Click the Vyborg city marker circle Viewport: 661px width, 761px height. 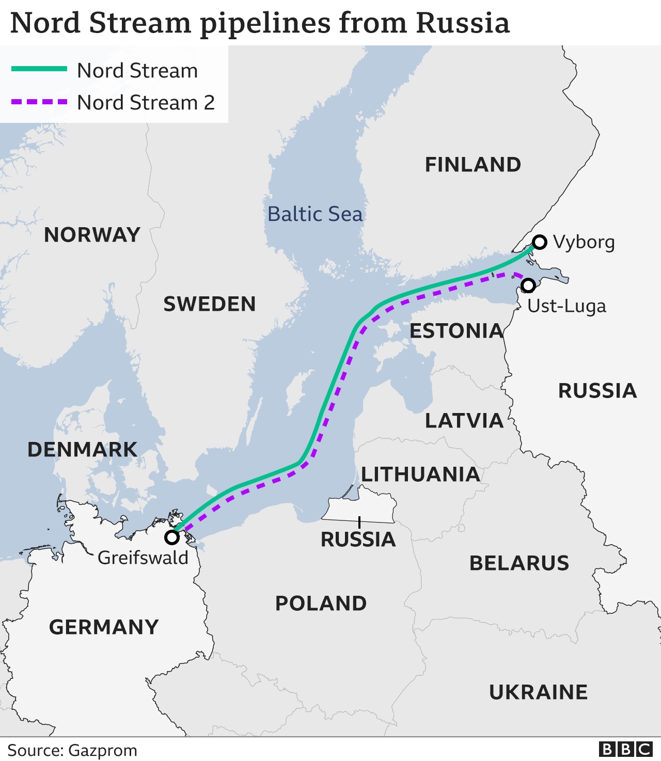(540, 242)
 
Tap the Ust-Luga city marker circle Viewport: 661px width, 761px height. (528, 285)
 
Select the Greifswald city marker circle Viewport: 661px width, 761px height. (172, 537)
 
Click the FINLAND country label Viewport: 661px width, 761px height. (473, 165)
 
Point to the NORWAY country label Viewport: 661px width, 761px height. (92, 235)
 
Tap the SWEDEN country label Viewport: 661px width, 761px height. (210, 304)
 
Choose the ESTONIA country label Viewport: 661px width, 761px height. (456, 331)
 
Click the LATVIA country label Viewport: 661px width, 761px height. (464, 421)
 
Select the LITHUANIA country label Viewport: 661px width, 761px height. (420, 474)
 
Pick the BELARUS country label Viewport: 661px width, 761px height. (519, 563)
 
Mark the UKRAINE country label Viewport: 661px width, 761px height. (538, 692)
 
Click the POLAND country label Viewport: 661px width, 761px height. (321, 604)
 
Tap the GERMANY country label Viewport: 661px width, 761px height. (104, 627)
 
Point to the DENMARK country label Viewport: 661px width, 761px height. (82, 450)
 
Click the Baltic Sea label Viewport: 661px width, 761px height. (315, 214)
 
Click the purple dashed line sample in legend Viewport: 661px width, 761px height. (39, 102)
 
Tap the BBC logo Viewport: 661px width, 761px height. (625, 749)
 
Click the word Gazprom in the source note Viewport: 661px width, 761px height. (103, 750)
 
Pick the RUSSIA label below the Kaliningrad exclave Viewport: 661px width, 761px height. (358, 540)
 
